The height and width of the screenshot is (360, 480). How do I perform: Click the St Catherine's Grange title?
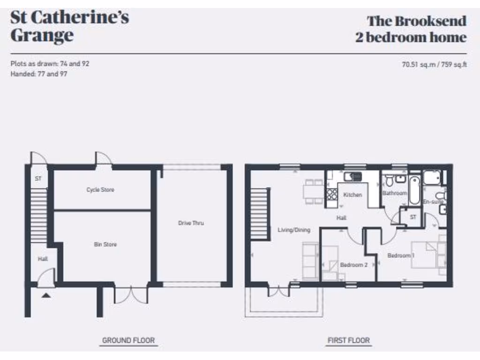pyautogui.click(x=69, y=27)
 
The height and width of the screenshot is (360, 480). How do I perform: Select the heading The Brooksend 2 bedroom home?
pyautogui.click(x=411, y=29)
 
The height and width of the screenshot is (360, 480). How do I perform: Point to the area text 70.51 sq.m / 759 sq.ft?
pyautogui.click(x=434, y=65)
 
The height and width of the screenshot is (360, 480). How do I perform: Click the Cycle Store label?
pyautogui.click(x=100, y=190)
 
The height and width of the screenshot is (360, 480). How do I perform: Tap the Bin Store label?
pyautogui.click(x=105, y=244)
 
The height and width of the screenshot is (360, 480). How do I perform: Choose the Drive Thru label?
pyautogui.click(x=191, y=223)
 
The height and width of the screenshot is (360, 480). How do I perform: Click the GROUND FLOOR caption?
pyautogui.click(x=128, y=340)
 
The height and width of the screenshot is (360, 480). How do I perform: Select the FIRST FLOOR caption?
pyautogui.click(x=348, y=340)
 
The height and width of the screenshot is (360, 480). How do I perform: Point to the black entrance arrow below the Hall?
pyautogui.click(x=46, y=295)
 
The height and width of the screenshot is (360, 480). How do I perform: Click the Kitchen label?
pyautogui.click(x=352, y=195)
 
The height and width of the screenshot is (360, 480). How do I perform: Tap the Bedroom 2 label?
pyautogui.click(x=353, y=265)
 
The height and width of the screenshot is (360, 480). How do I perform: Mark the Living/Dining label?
pyautogui.click(x=294, y=230)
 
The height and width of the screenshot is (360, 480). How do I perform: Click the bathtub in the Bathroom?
pyautogui.click(x=414, y=190)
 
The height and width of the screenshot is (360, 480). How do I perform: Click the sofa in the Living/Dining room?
pyautogui.click(x=310, y=260)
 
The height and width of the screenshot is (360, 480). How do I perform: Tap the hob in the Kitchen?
pyautogui.click(x=332, y=194)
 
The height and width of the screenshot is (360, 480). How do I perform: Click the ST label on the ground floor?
pyautogui.click(x=38, y=179)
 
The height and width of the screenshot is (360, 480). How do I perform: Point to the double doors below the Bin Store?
pyautogui.click(x=130, y=295)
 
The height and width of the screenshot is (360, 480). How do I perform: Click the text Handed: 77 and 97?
pyautogui.click(x=39, y=74)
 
